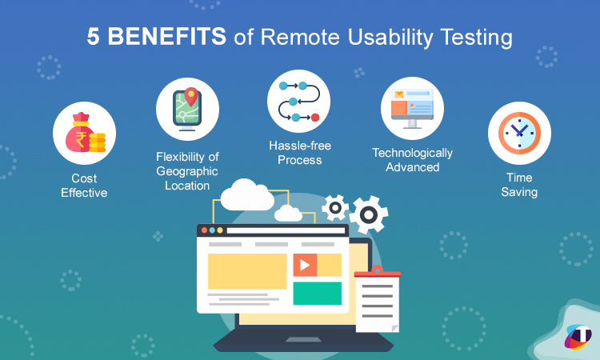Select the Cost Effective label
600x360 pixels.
tap(84, 185)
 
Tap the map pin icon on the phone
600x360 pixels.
tap(190, 98)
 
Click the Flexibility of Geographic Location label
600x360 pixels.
tap(187, 170)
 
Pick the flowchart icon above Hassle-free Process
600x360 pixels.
tap(298, 101)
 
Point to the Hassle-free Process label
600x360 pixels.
tap(299, 153)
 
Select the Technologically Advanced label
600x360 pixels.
tap(412, 160)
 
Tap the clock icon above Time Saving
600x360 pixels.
tap(519, 133)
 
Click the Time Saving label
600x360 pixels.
tap(520, 185)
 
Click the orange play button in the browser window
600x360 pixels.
tap(305, 264)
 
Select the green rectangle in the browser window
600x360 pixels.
tap(317, 293)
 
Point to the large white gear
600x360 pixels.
tap(368, 214)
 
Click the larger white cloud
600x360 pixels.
tap(247, 195)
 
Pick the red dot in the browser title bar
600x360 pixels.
tap(204, 230)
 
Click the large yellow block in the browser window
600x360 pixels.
tap(247, 271)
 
